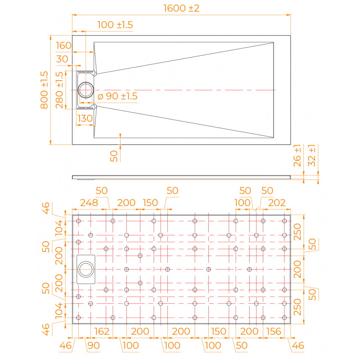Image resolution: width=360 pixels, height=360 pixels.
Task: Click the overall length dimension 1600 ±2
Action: click(181, 8)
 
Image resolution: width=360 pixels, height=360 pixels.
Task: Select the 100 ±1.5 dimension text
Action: click(115, 25)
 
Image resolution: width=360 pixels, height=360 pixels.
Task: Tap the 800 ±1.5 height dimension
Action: click(44, 90)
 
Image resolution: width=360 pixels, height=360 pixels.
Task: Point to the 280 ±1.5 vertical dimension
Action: click(59, 90)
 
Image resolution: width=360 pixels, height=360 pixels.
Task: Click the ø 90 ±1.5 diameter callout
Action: click(117, 96)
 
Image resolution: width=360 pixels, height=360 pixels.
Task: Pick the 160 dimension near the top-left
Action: click(63, 45)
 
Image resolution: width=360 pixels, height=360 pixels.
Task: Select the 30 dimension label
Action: click(62, 59)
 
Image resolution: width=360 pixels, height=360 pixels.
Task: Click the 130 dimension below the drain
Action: click(85, 118)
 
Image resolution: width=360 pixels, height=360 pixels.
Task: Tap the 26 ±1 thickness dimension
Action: click(297, 155)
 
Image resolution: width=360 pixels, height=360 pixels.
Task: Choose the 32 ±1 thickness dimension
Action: click(311, 155)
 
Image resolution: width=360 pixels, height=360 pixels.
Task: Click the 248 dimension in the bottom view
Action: click(89, 203)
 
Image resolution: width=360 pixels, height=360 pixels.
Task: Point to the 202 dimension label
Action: click(277, 203)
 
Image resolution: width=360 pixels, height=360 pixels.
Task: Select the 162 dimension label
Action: click(102, 331)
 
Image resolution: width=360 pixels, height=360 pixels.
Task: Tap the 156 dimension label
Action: click(274, 331)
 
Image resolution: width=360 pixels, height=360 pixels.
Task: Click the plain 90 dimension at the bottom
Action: click(94, 346)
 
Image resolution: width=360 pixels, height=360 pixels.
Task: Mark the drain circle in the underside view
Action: click(85, 261)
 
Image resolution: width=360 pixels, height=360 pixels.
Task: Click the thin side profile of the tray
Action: click(181, 177)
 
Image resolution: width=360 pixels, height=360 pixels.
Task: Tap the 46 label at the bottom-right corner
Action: click(298, 346)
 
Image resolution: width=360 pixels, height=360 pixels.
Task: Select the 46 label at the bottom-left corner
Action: click(66, 346)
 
